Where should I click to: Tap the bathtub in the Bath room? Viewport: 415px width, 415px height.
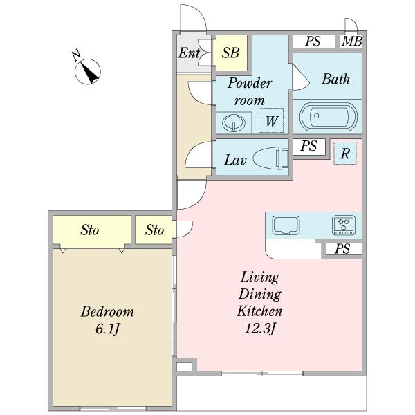328,116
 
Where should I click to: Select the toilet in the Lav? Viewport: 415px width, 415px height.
270,158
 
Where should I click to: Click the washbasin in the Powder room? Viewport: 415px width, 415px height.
233,123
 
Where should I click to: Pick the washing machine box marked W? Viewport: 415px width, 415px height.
271,120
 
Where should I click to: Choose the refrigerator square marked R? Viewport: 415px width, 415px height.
345,154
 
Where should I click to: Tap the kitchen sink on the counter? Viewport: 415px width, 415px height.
286,225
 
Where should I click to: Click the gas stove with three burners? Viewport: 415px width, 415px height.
344,225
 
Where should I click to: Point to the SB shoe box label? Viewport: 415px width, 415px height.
230,53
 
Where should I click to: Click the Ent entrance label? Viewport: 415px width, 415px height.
189,53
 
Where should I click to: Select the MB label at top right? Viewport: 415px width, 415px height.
351,41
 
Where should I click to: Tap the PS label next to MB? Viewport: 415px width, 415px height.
313,41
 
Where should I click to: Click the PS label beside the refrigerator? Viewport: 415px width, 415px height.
309,146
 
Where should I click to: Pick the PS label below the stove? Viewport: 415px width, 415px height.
343,249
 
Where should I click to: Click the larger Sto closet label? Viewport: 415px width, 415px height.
90,230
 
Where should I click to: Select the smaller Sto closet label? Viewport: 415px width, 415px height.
154,230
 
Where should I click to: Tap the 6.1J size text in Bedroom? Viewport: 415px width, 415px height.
108,329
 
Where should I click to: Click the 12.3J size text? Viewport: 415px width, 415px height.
260,329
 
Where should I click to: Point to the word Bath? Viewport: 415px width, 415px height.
336,79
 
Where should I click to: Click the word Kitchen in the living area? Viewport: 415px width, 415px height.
259,311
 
